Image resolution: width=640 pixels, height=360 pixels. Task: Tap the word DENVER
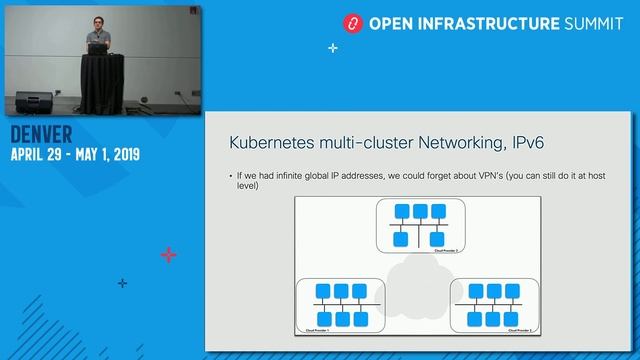(x=43, y=136)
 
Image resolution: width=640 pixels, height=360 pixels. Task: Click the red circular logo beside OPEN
(x=351, y=21)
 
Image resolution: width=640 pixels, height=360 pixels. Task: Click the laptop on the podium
(x=98, y=47)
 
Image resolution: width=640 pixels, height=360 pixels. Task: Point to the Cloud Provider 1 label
(x=318, y=329)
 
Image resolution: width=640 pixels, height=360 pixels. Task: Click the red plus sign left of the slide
(x=169, y=255)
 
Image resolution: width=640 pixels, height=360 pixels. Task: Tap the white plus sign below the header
(x=332, y=47)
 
